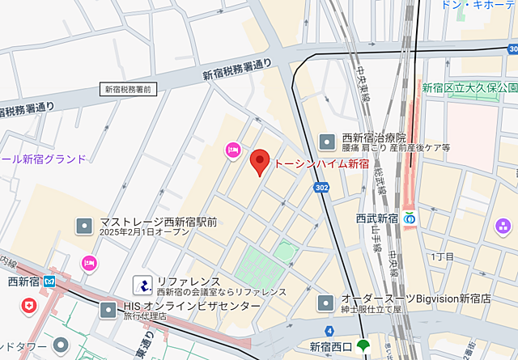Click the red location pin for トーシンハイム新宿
[x=259, y=162]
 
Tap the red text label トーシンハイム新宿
[x=321, y=164]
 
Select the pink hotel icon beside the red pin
[x=233, y=149]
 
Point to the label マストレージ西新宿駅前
[x=158, y=222]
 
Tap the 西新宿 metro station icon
[x=50, y=282]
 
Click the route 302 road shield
[x=322, y=188]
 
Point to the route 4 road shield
[x=329, y=330]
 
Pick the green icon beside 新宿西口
[x=363, y=346]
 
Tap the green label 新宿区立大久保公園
[x=469, y=87]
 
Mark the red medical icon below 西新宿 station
[x=30, y=306]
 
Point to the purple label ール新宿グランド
[x=43, y=159]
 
